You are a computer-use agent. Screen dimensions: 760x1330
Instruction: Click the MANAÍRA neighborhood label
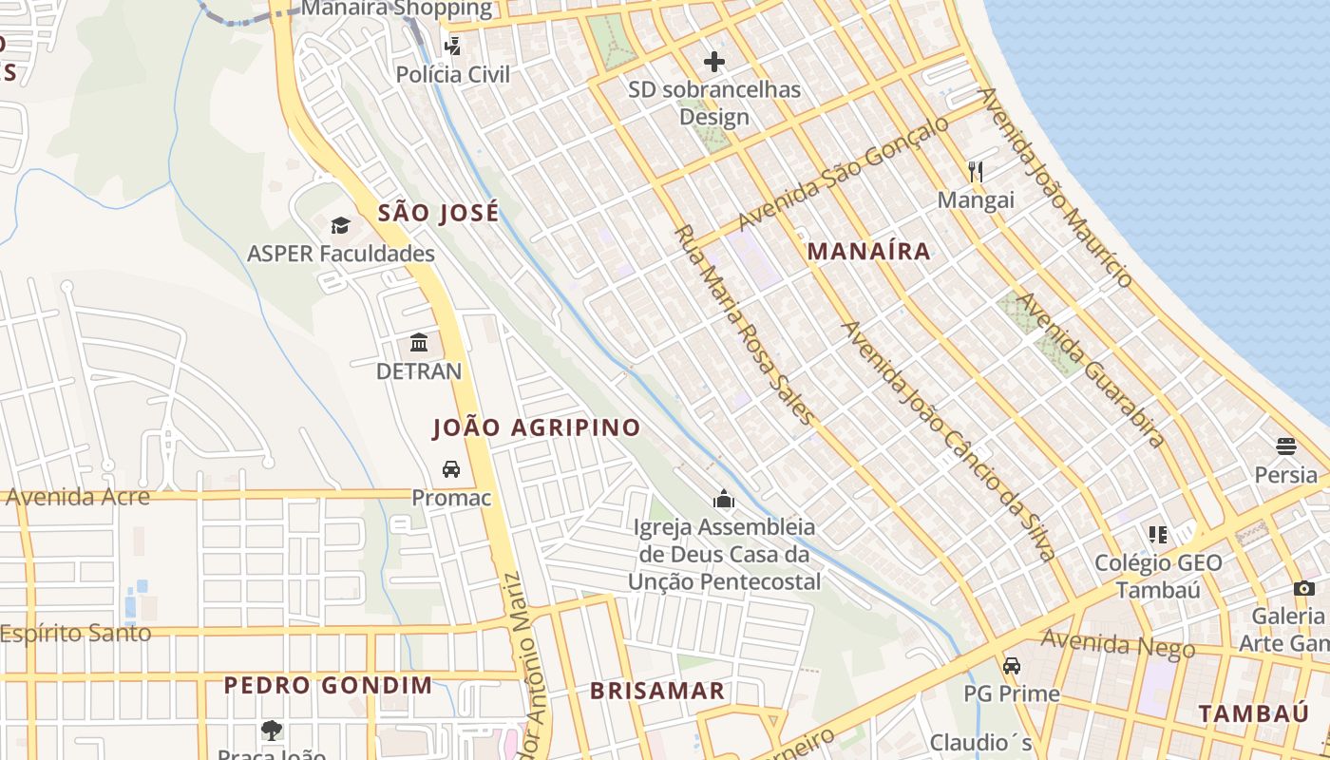tap(868, 252)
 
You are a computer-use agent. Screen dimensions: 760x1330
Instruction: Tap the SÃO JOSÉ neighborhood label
tap(438, 213)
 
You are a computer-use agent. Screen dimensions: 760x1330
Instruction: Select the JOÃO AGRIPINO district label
tap(537, 427)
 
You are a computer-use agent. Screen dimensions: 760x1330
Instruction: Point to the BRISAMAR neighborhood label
tap(657, 691)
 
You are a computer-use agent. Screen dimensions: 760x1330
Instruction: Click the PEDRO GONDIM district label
tap(328, 685)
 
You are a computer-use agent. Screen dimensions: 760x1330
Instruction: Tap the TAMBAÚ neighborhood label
tap(1253, 713)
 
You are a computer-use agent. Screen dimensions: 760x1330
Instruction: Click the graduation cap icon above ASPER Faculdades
tap(340, 225)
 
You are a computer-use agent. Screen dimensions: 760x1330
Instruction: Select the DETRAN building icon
tap(419, 342)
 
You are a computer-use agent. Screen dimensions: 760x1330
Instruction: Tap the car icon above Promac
tap(451, 468)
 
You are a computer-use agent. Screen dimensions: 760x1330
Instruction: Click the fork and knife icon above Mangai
tap(976, 171)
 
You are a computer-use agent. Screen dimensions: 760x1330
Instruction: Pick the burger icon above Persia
tap(1286, 446)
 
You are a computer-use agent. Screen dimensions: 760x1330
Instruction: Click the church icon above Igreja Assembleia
tap(724, 498)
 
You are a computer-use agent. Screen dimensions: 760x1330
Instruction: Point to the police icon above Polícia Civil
tap(453, 45)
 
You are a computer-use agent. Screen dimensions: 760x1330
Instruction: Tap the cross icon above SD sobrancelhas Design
tap(714, 62)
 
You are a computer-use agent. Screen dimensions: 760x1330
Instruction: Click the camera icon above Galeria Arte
tap(1304, 588)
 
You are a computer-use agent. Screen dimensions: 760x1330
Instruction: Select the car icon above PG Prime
tap(1012, 665)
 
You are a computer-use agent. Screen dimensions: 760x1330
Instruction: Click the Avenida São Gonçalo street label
tap(843, 173)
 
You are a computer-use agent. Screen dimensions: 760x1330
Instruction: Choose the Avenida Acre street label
tap(78, 497)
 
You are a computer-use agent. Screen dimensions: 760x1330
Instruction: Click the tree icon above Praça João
tap(272, 730)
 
